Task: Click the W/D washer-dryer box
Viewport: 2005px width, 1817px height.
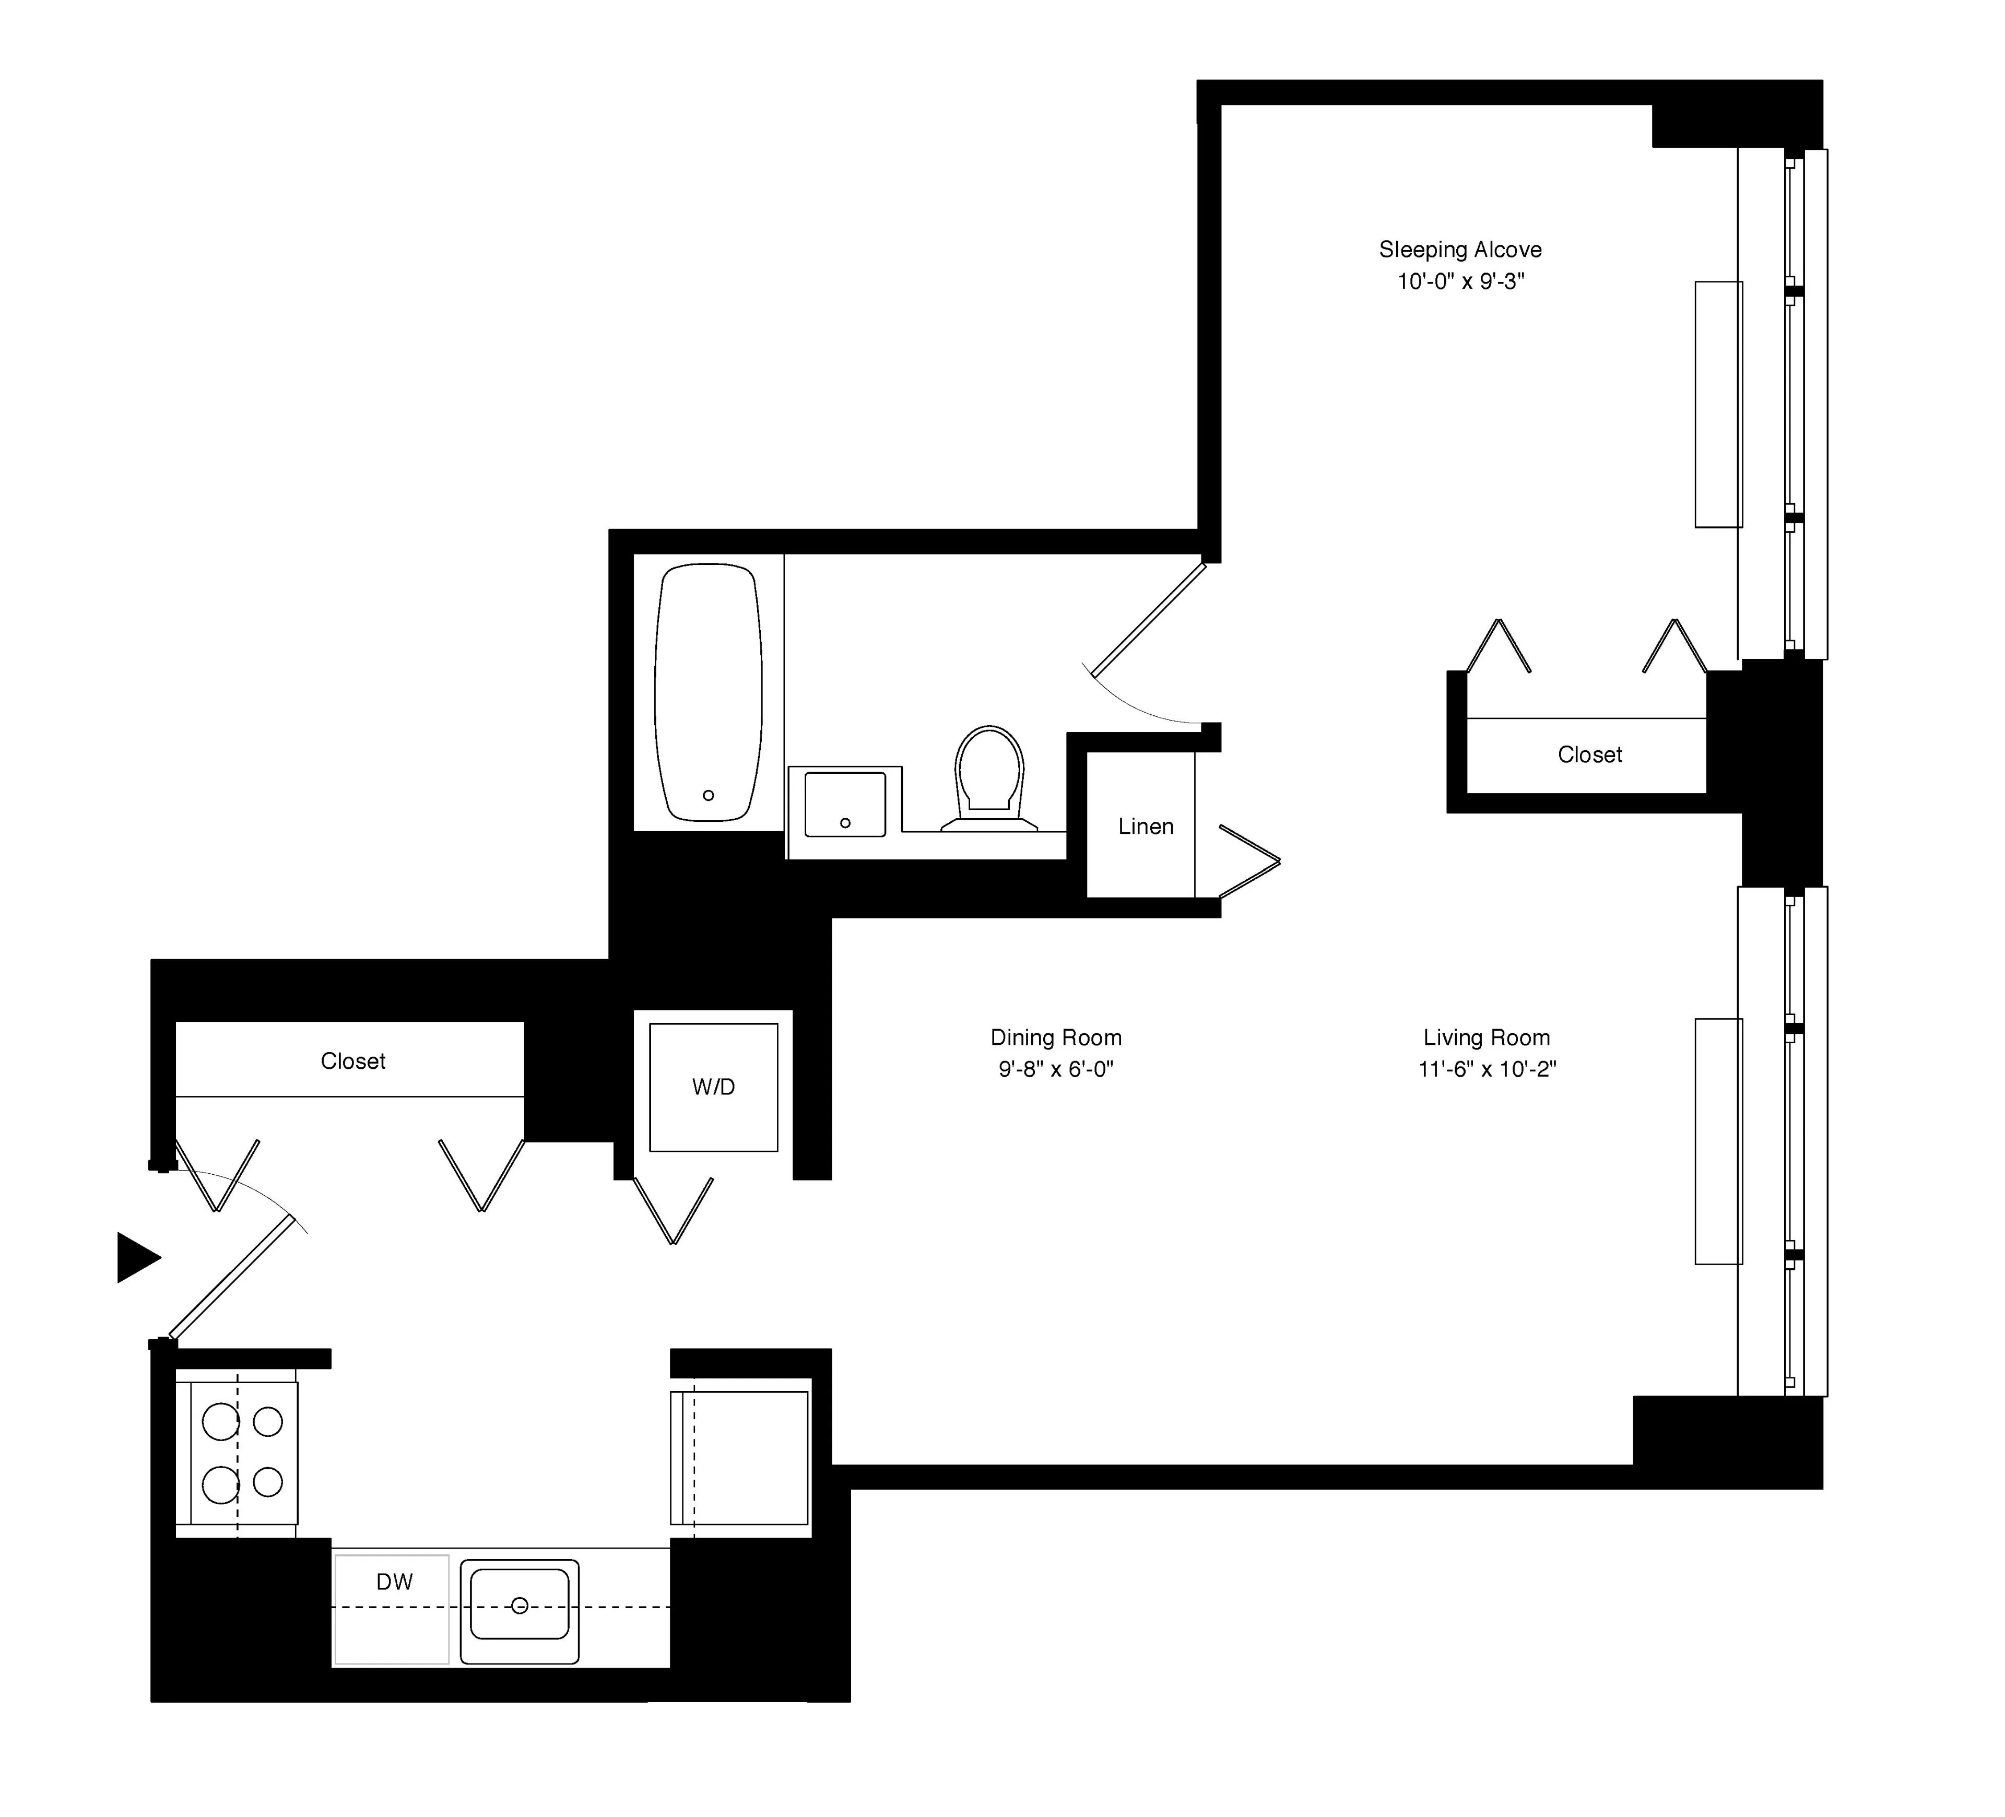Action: tap(713, 1087)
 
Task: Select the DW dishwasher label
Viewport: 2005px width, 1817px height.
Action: tap(394, 1582)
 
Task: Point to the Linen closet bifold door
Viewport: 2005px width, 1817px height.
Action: tap(1248, 862)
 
